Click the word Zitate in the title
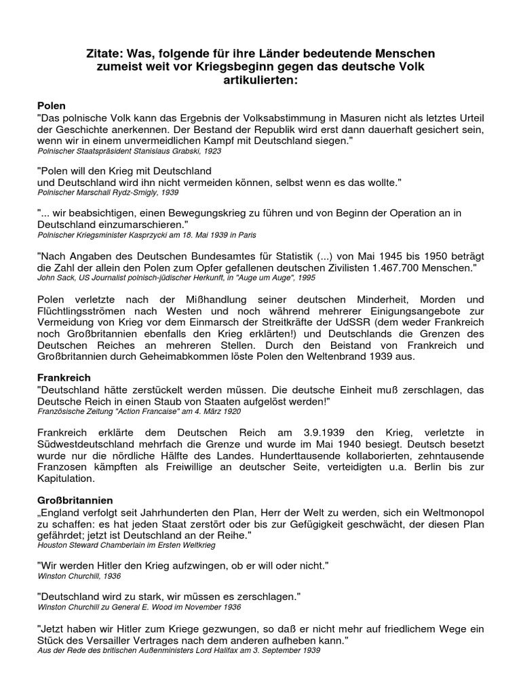106,53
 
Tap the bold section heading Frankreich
64,377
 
